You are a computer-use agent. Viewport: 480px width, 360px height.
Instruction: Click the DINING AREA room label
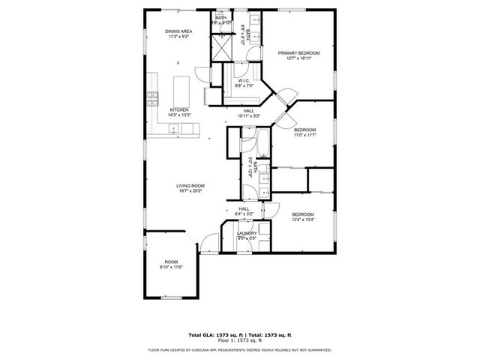click(x=179, y=31)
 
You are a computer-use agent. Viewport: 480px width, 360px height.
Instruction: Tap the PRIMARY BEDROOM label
click(x=299, y=53)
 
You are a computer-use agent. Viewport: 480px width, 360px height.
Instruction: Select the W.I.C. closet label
click(x=244, y=80)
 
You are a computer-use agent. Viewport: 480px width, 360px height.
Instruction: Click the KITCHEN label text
click(x=179, y=109)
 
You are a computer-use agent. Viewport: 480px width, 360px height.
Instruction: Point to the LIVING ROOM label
click(x=190, y=185)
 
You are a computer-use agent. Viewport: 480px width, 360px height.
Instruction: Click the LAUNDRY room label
click(x=247, y=233)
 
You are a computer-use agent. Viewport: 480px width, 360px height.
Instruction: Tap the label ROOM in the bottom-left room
click(x=171, y=262)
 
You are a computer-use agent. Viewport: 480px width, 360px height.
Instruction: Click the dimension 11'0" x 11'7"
click(x=304, y=135)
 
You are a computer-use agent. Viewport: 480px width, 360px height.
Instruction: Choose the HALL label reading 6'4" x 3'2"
click(x=244, y=214)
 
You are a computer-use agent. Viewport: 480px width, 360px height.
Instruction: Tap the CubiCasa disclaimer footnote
click(x=239, y=349)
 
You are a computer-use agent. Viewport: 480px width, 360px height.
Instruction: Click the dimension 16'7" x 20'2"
click(x=190, y=190)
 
